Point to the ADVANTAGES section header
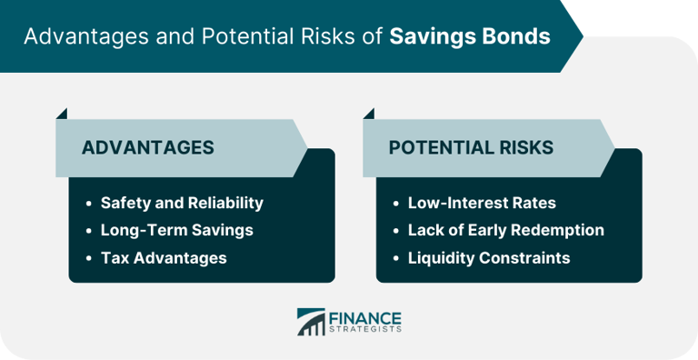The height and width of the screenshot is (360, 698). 148,147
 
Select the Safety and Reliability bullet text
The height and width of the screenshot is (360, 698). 182,203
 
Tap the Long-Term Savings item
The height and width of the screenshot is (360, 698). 176,230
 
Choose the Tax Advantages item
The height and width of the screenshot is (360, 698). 164,257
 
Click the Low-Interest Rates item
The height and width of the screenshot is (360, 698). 482,203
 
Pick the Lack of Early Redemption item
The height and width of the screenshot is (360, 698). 505,230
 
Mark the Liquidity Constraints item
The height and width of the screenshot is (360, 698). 489,257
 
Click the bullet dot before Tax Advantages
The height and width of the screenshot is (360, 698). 88,258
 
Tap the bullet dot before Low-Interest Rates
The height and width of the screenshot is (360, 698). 395,204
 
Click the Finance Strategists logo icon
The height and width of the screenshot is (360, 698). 311,323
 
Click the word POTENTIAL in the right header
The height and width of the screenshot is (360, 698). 434,147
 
